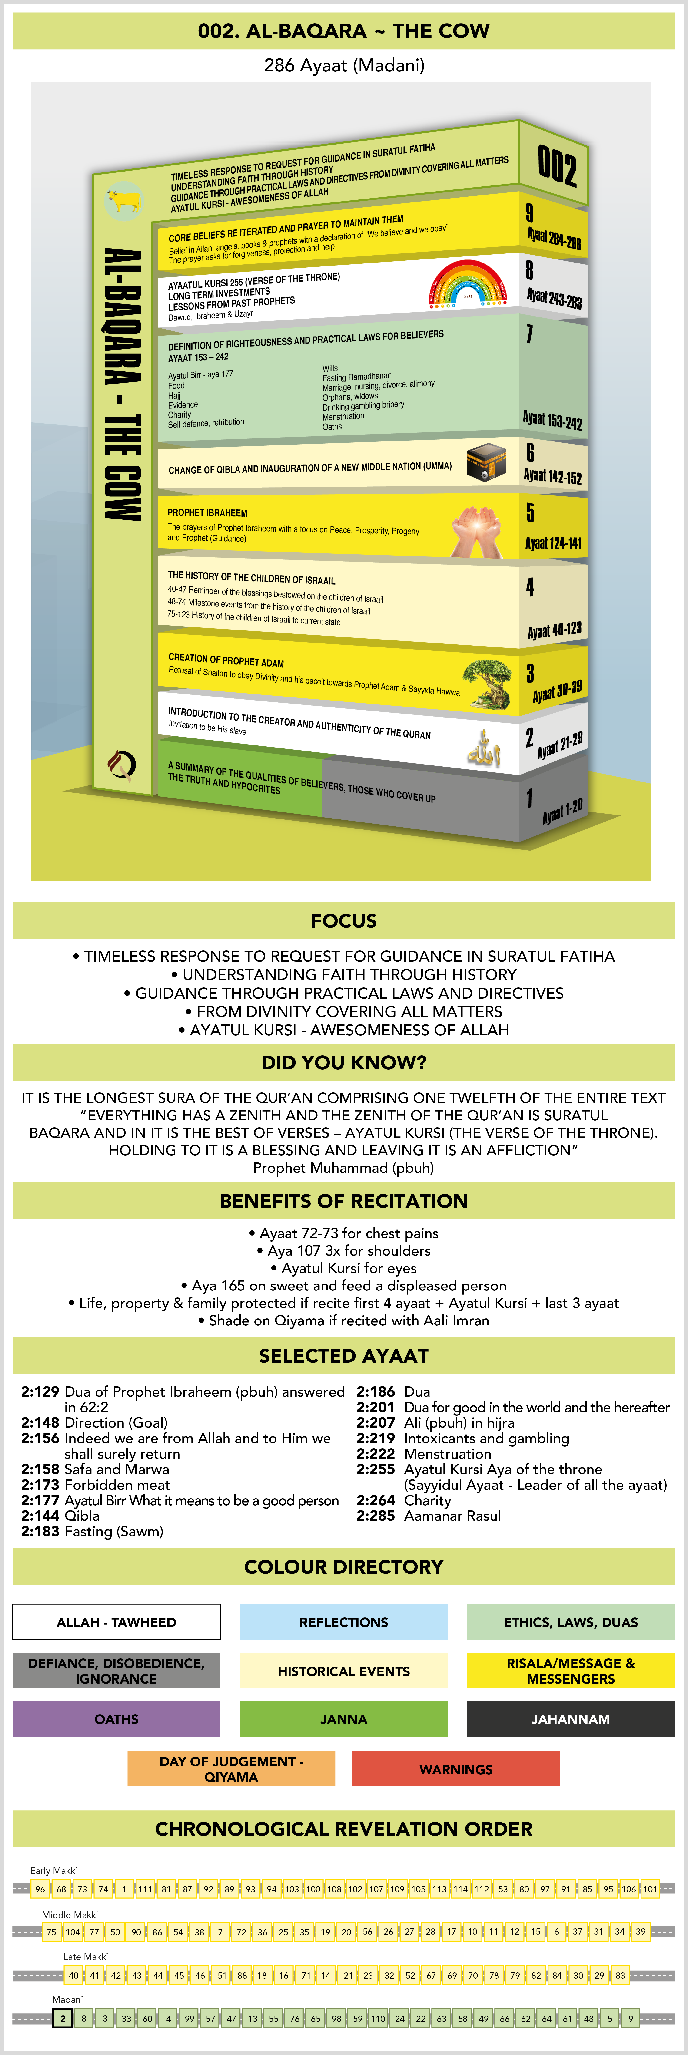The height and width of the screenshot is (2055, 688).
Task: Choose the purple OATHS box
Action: [x=116, y=1718]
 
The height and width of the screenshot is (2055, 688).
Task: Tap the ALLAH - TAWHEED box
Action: [x=116, y=1622]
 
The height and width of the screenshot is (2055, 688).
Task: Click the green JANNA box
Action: [x=344, y=1718]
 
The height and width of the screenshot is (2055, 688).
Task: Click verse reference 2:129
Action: [x=40, y=1392]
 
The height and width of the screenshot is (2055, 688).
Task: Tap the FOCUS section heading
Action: [x=344, y=921]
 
